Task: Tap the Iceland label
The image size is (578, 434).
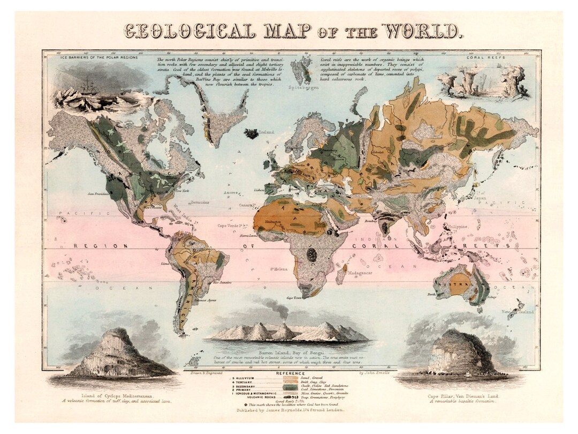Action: [x=266, y=132]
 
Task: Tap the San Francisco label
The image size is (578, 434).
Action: [x=98, y=193]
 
